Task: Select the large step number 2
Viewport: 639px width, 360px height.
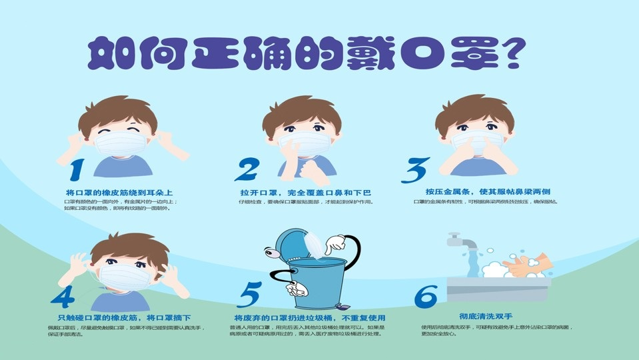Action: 246,170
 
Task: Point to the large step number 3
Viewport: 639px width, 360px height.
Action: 414,170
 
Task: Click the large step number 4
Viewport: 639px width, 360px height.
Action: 66,295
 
